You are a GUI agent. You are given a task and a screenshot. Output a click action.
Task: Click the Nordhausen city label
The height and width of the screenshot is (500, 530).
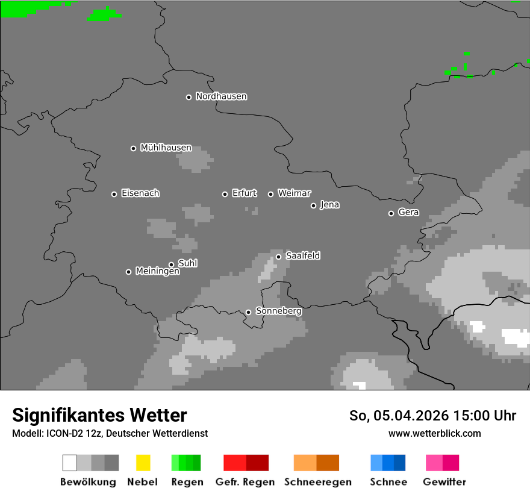221,96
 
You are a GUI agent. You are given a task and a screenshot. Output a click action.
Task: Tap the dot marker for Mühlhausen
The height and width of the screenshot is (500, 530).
133,148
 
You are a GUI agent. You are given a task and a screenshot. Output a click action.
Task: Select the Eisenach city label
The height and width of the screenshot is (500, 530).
140,193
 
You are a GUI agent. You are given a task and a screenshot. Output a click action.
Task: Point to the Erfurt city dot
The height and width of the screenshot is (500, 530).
225,194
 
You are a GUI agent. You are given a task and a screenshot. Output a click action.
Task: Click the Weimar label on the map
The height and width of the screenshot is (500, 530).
294,193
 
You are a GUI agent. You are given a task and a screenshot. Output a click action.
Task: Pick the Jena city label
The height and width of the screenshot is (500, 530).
329,205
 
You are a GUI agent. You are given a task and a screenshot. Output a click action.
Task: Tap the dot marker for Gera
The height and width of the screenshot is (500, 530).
391,213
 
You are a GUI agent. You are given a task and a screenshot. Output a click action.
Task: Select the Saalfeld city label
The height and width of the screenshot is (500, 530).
303,256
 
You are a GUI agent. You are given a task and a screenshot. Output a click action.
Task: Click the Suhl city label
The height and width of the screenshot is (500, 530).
188,263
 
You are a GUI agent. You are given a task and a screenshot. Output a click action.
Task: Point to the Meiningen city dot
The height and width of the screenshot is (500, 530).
128,272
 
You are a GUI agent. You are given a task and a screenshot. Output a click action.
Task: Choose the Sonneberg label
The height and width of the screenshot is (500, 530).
278,311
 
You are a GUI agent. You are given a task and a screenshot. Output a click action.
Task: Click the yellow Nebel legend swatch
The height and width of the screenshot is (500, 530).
143,463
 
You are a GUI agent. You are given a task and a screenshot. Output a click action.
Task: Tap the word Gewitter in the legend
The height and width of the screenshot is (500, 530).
444,482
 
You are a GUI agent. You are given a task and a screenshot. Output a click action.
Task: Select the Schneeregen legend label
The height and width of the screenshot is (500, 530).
317,482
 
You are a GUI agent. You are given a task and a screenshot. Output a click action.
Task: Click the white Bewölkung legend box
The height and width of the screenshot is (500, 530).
70,463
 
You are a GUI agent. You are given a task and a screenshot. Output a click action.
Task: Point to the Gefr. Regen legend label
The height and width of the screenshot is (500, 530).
245,482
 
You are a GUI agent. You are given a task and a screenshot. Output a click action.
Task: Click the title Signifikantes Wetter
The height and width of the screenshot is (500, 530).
99,416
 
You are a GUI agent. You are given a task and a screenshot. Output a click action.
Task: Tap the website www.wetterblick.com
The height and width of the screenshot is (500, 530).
434,434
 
